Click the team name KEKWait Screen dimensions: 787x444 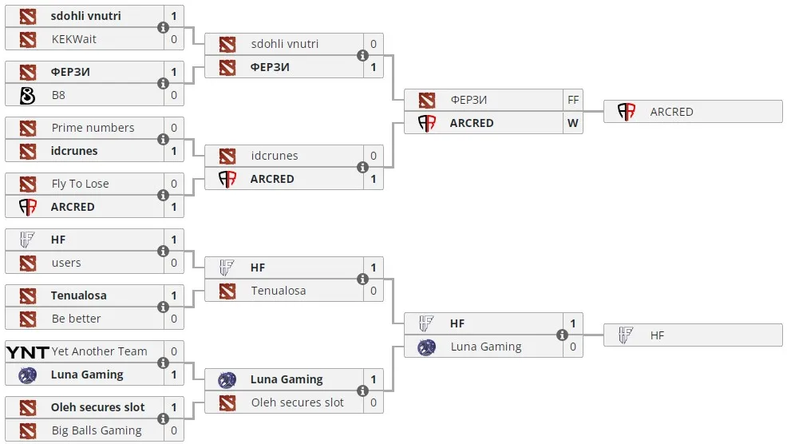[73, 39]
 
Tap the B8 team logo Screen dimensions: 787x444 [28, 95]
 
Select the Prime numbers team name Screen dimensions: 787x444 [93, 128]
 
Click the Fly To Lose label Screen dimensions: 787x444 [81, 184]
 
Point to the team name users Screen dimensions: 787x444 [66, 263]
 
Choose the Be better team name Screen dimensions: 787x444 [77, 319]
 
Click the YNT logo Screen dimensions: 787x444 [28, 352]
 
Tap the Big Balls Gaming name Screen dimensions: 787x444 [97, 430]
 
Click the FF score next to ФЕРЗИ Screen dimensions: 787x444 [573, 100]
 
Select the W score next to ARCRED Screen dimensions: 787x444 [573, 123]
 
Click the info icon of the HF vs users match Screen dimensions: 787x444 [163, 251]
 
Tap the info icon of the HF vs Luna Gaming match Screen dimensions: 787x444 [562, 335]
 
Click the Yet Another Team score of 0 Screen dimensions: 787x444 [174, 351]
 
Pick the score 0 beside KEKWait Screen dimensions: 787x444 [174, 39]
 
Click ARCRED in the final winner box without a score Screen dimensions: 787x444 [671, 112]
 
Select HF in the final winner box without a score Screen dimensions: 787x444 [657, 335]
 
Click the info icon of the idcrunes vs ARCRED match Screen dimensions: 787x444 [362, 167]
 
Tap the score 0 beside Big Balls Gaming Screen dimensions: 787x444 [174, 430]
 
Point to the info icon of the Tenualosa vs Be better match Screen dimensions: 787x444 [163, 307]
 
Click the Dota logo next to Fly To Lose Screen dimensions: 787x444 [28, 184]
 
